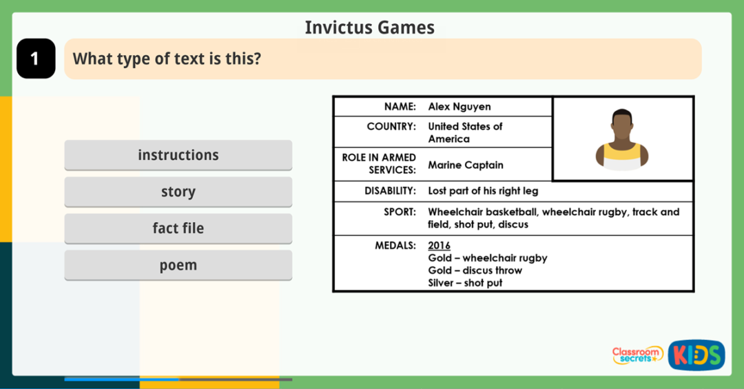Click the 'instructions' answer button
pyautogui.click(x=178, y=155)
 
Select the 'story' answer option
pyautogui.click(x=178, y=192)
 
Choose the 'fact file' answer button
pyautogui.click(x=178, y=228)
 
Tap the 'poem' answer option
pyautogui.click(x=178, y=265)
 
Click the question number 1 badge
pyautogui.click(x=35, y=59)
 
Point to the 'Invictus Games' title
pyautogui.click(x=369, y=28)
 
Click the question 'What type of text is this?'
pyautogui.click(x=167, y=59)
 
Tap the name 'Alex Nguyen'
pyautogui.click(x=459, y=107)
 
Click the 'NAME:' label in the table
pyautogui.click(x=400, y=107)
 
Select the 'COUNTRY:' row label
pyautogui.click(x=391, y=126)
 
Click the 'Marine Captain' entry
pyautogui.click(x=466, y=165)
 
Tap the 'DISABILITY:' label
pyautogui.click(x=390, y=190)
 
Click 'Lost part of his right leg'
pyautogui.click(x=483, y=190)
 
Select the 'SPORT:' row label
pyautogui.click(x=400, y=212)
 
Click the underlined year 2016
pyautogui.click(x=439, y=246)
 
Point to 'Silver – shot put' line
pyautogui.click(x=465, y=283)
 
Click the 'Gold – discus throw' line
pyautogui.click(x=475, y=270)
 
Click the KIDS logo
pyautogui.click(x=696, y=355)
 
